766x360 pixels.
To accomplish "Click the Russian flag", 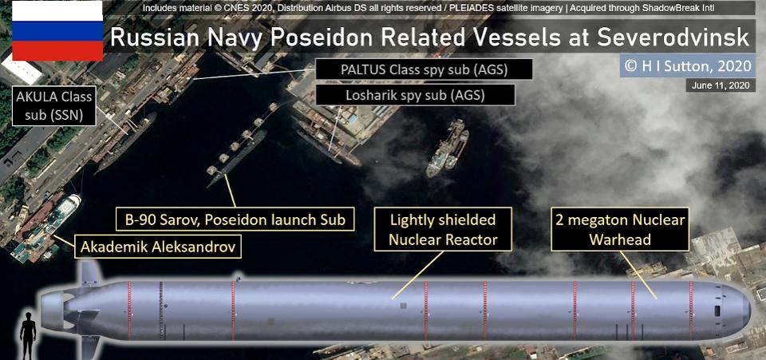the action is pos(57,31).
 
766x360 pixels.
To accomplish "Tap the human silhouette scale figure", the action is pos(28,335).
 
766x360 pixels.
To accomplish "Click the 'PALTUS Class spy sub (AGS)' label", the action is pos(424,69).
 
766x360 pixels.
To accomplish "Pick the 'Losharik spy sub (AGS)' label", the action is pos(415,95).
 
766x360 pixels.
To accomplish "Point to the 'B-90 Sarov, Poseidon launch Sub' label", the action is pos(235,220).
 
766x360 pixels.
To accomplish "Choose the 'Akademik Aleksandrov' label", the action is pos(158,247).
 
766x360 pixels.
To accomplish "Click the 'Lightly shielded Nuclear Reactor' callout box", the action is pos(443,229).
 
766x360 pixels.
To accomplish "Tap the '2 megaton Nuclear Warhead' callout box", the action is pos(621,229).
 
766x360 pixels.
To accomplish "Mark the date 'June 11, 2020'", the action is pos(721,85).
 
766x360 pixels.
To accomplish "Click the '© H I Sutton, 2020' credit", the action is pos(688,65).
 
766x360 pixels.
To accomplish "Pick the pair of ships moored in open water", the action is pos(447,147).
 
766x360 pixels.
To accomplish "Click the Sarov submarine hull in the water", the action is pos(237,159).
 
